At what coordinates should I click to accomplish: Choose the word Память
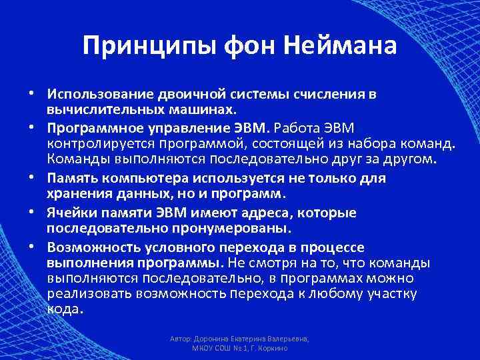[x=71, y=179]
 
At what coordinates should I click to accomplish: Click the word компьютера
[x=143, y=179]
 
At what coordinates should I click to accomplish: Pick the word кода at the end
[x=64, y=309]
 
